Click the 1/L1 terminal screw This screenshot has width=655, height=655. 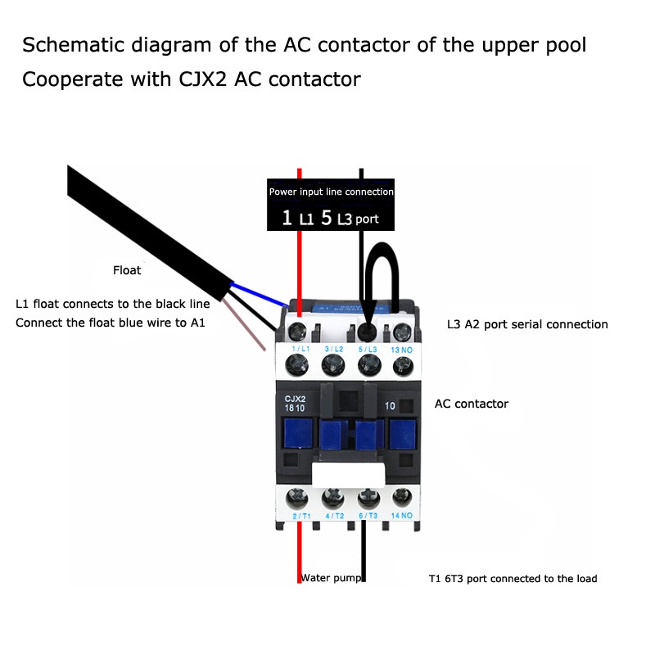[x=296, y=332]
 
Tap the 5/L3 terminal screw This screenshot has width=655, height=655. [x=366, y=332]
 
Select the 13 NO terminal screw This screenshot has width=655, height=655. [x=401, y=332]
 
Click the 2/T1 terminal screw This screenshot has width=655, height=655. [x=296, y=497]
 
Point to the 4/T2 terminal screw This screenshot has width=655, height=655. [x=332, y=497]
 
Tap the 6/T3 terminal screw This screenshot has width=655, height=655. [x=366, y=497]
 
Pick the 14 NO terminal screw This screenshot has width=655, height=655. [x=401, y=497]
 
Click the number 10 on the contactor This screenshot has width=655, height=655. [x=390, y=405]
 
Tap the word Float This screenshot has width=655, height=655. [x=127, y=270]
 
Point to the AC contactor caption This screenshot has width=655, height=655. [x=471, y=404]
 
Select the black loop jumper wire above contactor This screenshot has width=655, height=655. [x=383, y=260]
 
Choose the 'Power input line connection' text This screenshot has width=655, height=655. [x=331, y=192]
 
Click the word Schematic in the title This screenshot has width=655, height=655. [x=72, y=44]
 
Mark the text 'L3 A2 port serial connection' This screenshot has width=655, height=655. [x=527, y=324]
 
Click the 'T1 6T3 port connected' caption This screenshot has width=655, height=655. [x=513, y=579]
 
